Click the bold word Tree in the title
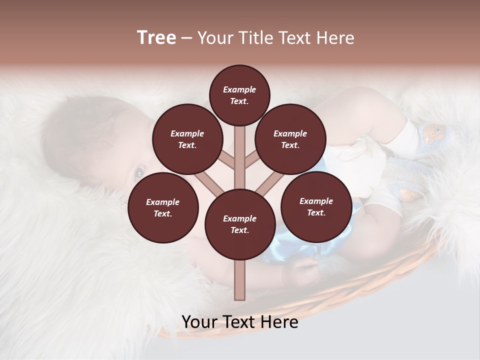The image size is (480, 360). (156, 38)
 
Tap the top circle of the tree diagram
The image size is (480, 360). (239, 95)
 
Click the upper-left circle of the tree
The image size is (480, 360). (187, 139)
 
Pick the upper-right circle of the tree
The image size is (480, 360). (290, 139)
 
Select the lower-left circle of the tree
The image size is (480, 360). (163, 207)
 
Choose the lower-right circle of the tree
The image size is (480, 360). (316, 206)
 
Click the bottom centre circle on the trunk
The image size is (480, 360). (240, 224)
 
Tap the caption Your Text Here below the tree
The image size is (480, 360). (240, 322)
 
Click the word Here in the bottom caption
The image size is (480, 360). (279, 322)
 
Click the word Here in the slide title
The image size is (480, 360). (335, 38)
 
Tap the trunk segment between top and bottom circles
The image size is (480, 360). (240, 155)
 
